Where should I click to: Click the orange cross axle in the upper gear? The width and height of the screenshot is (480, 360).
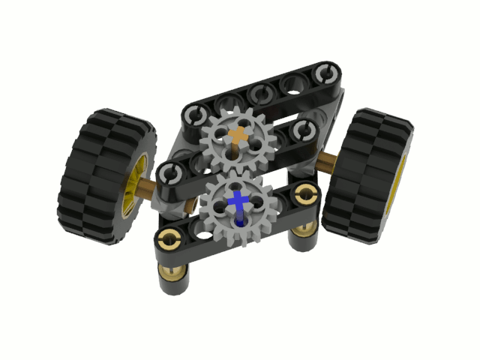(238, 136)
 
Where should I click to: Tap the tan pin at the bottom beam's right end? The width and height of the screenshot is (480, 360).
(304, 195)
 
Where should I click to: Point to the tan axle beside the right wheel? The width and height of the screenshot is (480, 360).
(328, 159)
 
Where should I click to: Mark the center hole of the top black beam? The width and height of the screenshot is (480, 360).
(261, 93)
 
